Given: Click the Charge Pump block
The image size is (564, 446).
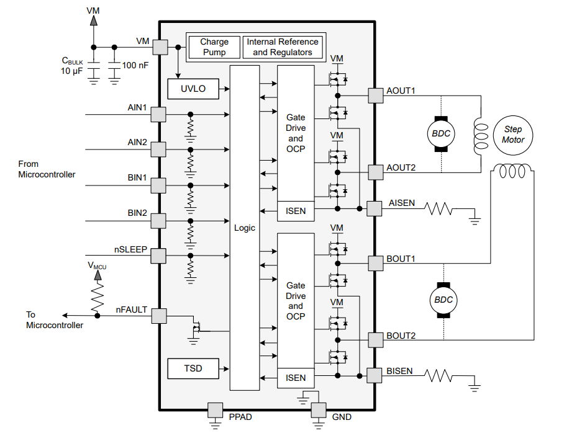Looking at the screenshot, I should [214, 47].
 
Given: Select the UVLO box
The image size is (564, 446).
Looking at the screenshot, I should [193, 89].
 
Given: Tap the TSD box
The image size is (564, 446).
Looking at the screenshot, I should [193, 368].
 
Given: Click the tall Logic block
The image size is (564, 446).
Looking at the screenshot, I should [245, 228].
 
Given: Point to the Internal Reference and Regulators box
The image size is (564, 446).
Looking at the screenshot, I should [283, 47].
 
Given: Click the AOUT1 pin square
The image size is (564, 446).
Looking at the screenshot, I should [376, 96].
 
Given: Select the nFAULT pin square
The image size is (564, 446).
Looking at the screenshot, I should [159, 316].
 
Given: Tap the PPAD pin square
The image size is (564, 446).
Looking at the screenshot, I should [215, 410].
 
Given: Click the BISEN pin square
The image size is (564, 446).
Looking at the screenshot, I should [375, 375].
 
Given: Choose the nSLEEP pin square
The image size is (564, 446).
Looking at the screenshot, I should [159, 256].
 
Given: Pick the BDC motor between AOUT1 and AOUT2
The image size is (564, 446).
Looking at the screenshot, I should [441, 133].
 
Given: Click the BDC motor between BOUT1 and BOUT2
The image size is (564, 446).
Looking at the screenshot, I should [443, 300].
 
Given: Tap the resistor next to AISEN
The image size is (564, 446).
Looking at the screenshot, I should [439, 208].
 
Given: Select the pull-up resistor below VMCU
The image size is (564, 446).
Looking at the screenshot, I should [98, 298].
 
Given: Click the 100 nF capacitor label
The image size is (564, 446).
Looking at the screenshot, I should [135, 65].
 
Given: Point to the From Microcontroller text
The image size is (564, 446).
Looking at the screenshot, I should [47, 169].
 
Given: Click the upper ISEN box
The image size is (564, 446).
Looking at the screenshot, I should [296, 211].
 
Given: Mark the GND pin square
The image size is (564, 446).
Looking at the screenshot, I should [319, 410].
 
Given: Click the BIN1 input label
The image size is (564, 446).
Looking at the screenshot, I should [137, 178].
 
